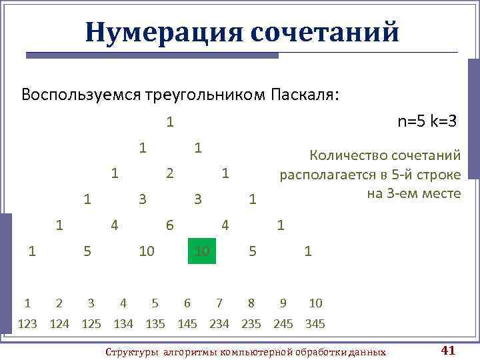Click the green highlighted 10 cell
tap(202, 251)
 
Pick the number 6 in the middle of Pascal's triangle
tap(170, 225)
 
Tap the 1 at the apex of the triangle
tap(170, 122)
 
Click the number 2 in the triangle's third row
tap(170, 173)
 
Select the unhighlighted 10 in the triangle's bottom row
tap(147, 251)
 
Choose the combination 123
tap(27, 324)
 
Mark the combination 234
tap(219, 324)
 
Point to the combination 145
tap(187, 324)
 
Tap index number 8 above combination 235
tap(251, 303)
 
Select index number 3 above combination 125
tap(91, 303)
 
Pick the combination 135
tap(155, 324)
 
